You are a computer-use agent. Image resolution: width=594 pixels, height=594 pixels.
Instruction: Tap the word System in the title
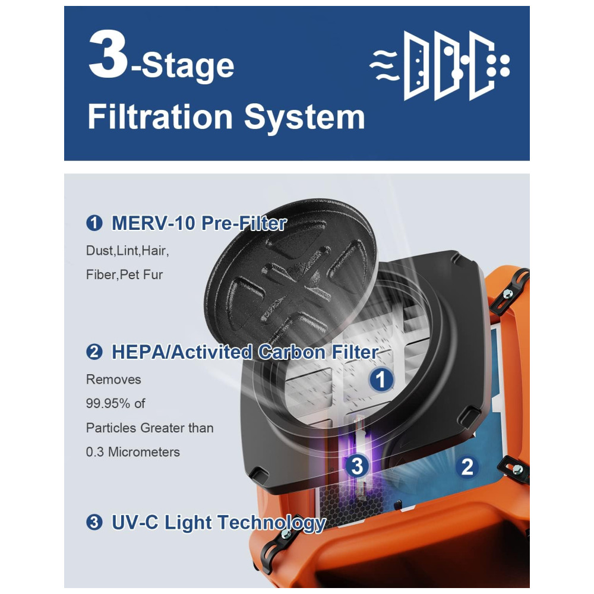point(304,118)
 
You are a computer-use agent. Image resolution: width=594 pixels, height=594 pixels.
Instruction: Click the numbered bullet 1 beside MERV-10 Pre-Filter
point(94,223)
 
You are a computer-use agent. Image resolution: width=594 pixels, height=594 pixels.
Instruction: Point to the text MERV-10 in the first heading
point(153,223)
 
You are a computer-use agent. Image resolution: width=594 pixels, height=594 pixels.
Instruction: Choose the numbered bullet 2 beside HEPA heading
point(94,352)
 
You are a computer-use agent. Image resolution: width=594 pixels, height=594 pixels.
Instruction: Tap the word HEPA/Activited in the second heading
point(182,352)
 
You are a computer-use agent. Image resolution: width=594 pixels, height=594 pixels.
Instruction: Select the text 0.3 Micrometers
point(133,452)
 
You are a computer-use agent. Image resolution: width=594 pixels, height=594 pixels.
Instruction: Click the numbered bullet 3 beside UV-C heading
point(94,522)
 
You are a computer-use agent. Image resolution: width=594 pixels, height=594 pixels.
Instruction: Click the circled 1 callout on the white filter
point(381,379)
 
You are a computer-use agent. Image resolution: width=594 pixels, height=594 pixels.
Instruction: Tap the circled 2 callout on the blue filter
point(467,466)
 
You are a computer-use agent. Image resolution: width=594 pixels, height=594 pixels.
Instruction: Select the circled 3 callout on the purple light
point(357,466)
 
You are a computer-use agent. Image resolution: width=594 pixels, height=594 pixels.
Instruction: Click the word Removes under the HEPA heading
point(113,379)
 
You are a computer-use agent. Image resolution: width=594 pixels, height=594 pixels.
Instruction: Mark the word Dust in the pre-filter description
point(99,251)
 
